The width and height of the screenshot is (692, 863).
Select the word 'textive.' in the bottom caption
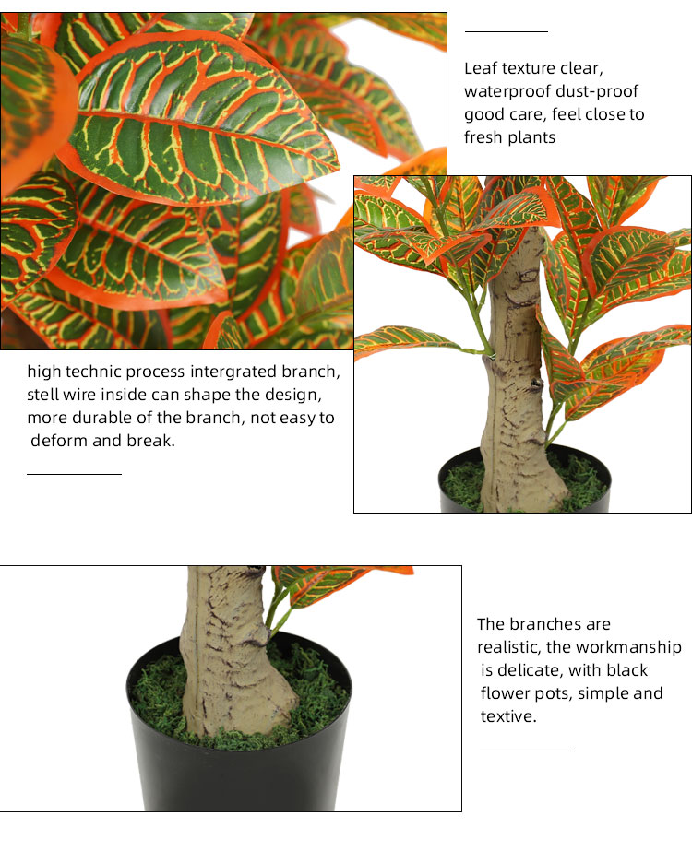point(508,716)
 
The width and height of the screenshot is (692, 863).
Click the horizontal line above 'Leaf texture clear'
point(507,32)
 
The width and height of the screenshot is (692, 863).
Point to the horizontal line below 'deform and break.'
point(75,473)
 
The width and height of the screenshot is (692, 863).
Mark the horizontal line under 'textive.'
point(527,751)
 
